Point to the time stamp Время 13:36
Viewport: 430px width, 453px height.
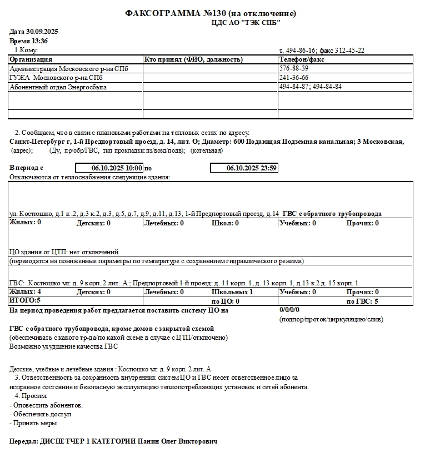pyautogui.click(x=28, y=41)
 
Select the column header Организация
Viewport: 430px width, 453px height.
pyautogui.click(x=31, y=59)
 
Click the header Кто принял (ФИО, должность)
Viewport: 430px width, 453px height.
pyautogui.click(x=193, y=59)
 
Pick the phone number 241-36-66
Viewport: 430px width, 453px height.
pyautogui.click(x=294, y=78)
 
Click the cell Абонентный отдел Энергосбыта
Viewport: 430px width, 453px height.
pyautogui.click(x=58, y=87)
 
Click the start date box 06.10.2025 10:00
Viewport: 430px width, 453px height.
pyautogui.click(x=109, y=168)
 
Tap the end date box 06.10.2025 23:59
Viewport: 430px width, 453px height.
pyautogui.click(x=244, y=168)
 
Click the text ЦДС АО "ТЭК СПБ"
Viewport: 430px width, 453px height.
pyautogui.click(x=246, y=22)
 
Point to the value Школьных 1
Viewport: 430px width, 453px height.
pyautogui.click(x=232, y=292)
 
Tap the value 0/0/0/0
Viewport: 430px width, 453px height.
pyautogui.click(x=289, y=310)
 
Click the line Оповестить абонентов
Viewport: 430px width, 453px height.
pyautogui.click(x=47, y=405)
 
